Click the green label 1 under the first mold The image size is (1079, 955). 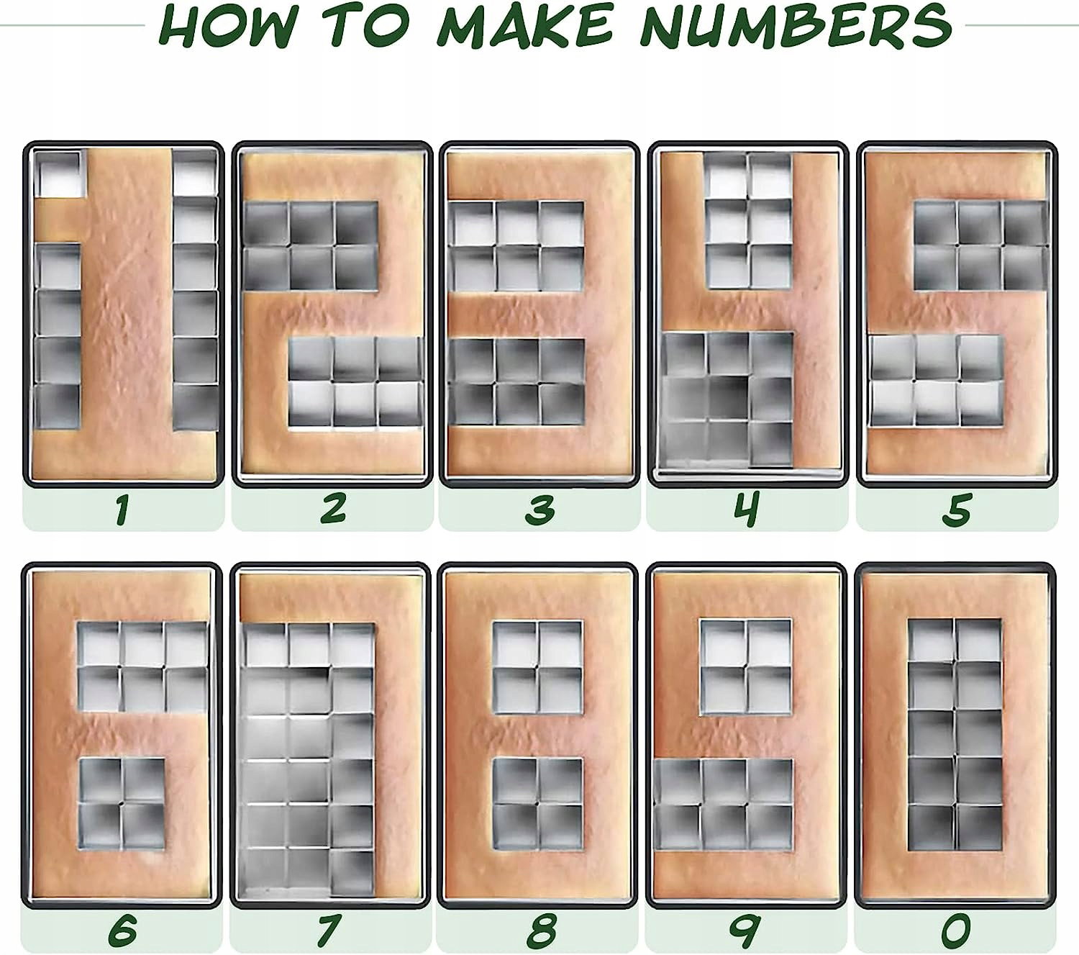pos(123,509)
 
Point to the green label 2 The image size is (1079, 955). pos(333,508)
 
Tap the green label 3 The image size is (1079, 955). pos(540,509)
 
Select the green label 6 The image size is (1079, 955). pos(122,929)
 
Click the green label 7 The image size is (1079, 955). pos(329,930)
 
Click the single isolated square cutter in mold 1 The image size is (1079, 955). pos(58,173)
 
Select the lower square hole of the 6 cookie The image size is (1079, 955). pos(122,804)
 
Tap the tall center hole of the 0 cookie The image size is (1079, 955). pos(955,734)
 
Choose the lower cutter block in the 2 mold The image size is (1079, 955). pos(355,381)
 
